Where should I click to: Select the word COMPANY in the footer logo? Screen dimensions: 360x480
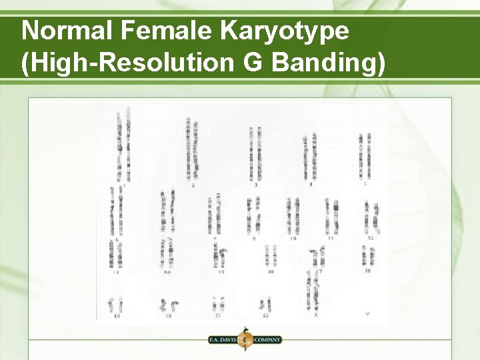click(267, 339)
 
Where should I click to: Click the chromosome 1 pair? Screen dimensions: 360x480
click(123, 147)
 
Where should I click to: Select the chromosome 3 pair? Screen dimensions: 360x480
click(255, 153)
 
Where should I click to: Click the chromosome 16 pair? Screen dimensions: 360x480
click(271, 255)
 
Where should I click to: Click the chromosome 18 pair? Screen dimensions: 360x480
click(367, 255)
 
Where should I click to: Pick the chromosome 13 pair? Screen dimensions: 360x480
click(116, 254)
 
